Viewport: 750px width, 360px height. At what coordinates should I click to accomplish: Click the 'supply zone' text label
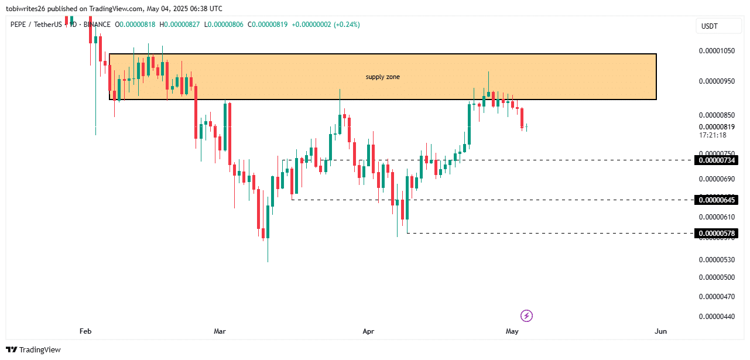(382, 77)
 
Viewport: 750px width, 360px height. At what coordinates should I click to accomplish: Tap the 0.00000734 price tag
(716, 160)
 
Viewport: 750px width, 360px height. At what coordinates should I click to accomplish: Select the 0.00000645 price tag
(716, 200)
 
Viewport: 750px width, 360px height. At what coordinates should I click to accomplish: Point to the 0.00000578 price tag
(716, 234)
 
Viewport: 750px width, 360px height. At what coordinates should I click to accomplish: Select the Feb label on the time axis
(85, 331)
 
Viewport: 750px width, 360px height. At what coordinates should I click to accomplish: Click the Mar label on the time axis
(220, 331)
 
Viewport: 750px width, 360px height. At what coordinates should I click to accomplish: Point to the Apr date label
(368, 331)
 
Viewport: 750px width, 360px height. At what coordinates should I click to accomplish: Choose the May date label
(512, 331)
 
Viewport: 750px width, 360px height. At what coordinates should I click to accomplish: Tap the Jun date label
(660, 331)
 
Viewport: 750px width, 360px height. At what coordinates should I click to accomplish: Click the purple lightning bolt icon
(526, 316)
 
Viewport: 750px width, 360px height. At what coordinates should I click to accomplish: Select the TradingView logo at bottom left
(34, 349)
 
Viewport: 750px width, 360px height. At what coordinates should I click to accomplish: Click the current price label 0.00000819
(717, 127)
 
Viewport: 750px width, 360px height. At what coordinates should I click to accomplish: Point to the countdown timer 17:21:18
(713, 135)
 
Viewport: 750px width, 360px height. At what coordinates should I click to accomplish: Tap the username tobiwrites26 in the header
(29, 9)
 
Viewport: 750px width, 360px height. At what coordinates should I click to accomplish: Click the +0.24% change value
(347, 25)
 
